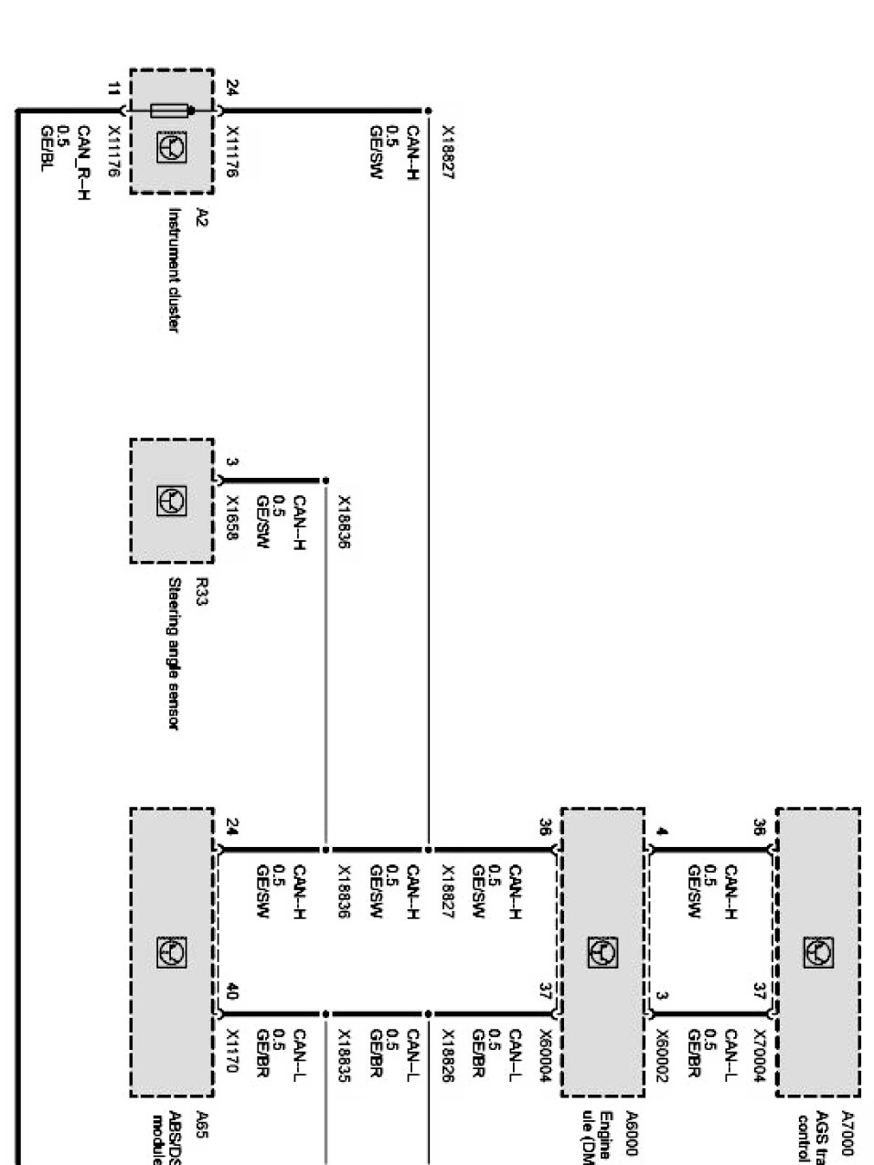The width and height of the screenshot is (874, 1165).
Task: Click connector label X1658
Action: (232, 519)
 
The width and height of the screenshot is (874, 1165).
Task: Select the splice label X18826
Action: (448, 1055)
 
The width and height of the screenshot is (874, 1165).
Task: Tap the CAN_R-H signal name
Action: (83, 162)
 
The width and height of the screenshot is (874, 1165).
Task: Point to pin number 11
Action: (113, 90)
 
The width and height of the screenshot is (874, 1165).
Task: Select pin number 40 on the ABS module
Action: (231, 991)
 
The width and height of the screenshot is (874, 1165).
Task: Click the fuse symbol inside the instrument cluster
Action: (171, 111)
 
